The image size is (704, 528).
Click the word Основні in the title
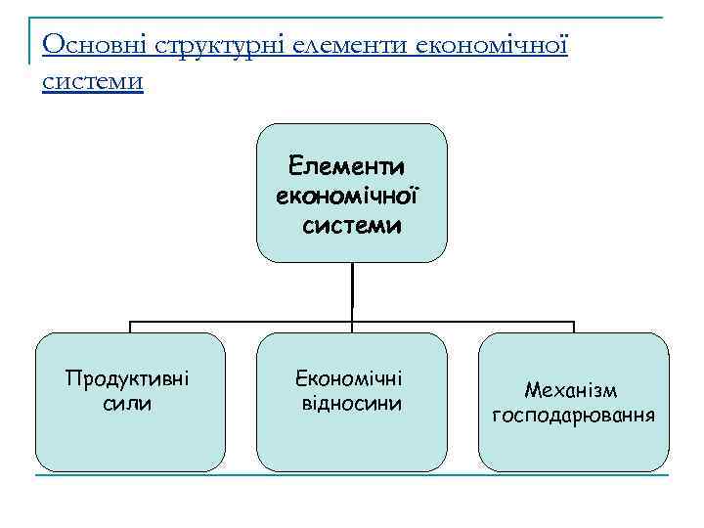[81, 45]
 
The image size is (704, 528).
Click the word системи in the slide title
[93, 80]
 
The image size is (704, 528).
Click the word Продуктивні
[127, 378]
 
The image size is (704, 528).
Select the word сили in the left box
[127, 403]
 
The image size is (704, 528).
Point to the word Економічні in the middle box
[351, 378]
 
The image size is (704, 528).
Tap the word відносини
[351, 403]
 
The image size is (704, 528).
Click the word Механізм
[571, 390]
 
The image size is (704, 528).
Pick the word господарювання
[573, 415]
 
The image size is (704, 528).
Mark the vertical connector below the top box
[352, 291]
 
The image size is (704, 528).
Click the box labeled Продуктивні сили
[130, 440]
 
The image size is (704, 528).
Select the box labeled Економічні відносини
[351, 440]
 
